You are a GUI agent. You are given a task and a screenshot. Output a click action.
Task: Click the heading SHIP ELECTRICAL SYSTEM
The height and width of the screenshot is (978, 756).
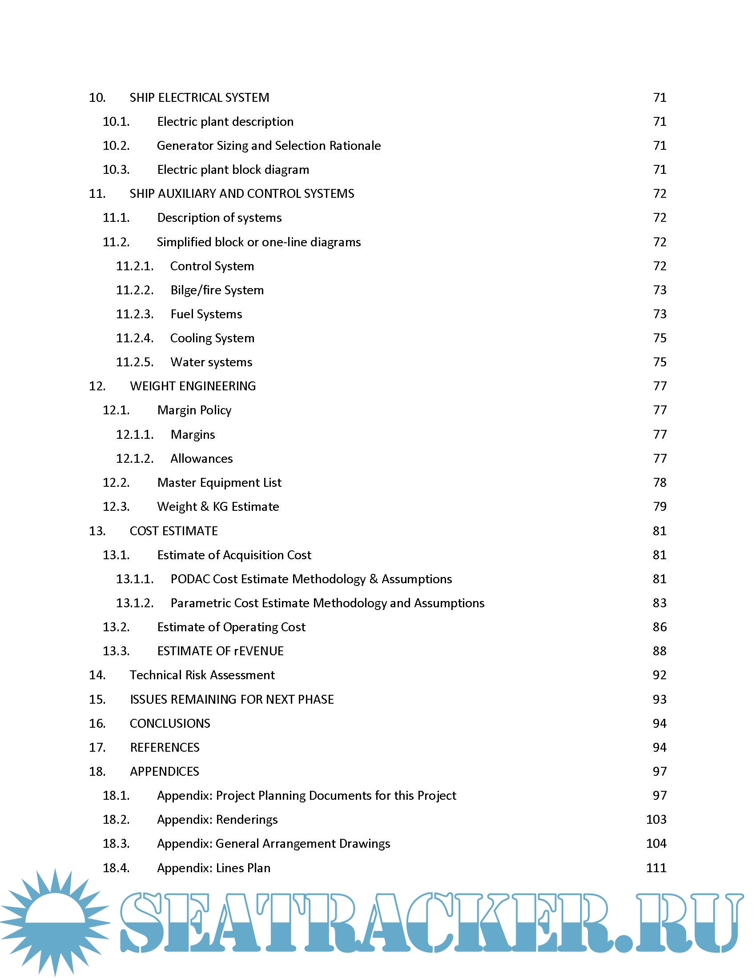199,98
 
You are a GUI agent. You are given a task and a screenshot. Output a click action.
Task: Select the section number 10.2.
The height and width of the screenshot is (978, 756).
116,145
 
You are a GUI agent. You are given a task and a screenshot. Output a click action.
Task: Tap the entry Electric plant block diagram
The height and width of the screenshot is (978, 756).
233,170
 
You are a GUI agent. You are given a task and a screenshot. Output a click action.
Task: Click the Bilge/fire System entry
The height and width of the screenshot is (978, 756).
217,290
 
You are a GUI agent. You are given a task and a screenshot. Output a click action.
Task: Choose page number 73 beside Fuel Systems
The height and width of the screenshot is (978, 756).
659,314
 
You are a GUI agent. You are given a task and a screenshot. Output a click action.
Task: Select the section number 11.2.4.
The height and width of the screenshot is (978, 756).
134,338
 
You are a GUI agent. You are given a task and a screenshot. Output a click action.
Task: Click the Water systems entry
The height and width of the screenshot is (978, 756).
211,362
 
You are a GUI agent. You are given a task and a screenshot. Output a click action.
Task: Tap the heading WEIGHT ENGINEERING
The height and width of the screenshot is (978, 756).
193,386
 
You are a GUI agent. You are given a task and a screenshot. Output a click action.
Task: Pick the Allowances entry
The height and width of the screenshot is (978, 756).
201,459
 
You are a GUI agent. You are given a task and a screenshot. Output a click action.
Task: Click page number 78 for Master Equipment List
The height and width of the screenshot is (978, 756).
659,482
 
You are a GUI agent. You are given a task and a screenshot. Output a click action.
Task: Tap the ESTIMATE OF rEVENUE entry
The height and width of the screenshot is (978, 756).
220,651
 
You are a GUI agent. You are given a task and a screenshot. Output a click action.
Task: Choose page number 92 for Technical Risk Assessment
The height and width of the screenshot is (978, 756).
659,675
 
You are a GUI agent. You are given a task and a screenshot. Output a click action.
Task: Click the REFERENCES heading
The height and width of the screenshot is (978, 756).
165,747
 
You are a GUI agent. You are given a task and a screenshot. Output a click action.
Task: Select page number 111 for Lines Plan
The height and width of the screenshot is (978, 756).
656,868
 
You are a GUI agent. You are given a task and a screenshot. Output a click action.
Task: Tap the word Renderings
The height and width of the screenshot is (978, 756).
247,819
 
